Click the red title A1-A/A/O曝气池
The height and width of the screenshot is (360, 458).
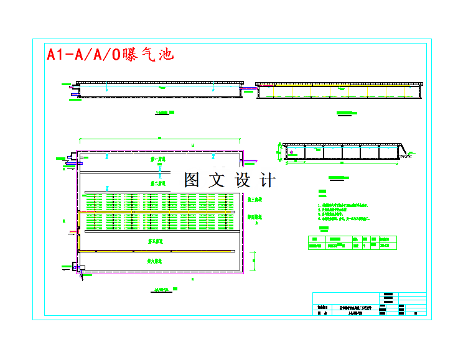click(110, 55)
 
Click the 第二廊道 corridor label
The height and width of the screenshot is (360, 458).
click(158, 183)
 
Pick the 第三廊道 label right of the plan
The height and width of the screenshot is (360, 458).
click(255, 200)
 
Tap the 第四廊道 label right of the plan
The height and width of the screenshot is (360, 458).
click(255, 218)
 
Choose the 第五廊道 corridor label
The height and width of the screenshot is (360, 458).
click(156, 240)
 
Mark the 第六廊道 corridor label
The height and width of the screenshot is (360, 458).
click(156, 262)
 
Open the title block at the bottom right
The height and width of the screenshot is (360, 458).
click(369, 305)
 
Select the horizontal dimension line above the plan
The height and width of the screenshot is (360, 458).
click(159, 138)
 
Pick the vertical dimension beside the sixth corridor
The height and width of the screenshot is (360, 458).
click(253, 261)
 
